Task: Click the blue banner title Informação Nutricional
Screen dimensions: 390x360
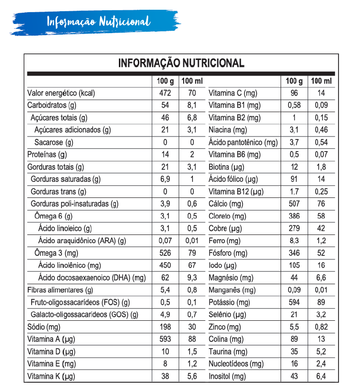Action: pyautogui.click(x=98, y=22)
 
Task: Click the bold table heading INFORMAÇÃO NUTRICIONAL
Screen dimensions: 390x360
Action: pyautogui.click(x=181, y=63)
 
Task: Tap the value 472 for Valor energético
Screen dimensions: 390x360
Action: pyautogui.click(x=165, y=93)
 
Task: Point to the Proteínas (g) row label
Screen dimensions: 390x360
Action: pyautogui.click(x=47, y=155)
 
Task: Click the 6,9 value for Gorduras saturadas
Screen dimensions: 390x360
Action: pyautogui.click(x=165, y=179)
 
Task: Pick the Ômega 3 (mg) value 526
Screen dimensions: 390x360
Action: pyautogui.click(x=165, y=253)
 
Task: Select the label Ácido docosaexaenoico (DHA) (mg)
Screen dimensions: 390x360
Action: pyautogui.click(x=92, y=278)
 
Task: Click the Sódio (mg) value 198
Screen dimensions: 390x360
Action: pyautogui.click(x=165, y=327)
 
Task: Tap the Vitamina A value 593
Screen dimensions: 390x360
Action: pyautogui.click(x=165, y=339)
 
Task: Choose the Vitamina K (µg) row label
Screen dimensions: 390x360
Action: pyautogui.click(x=51, y=376)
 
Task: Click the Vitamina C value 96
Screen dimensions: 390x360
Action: pyautogui.click(x=294, y=93)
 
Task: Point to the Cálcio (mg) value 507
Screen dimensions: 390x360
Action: pyautogui.click(x=294, y=204)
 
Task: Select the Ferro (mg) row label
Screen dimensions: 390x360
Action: pyautogui.click(x=225, y=241)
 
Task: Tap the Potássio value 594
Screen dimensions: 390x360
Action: pyautogui.click(x=294, y=302)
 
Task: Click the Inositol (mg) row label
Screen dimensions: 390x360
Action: pyautogui.click(x=227, y=376)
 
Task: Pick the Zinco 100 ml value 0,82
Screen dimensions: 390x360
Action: pyautogui.click(x=321, y=327)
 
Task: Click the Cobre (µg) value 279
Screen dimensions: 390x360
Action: pyautogui.click(x=294, y=228)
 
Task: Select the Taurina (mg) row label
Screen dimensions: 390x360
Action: pyautogui.click(x=228, y=351)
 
